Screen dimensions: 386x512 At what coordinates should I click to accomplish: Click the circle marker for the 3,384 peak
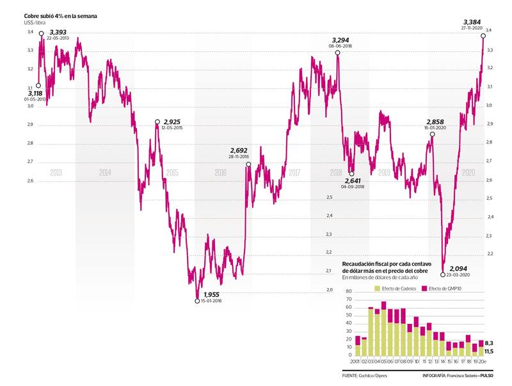[483, 36]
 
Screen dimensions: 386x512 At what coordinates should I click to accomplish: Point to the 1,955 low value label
[212, 294]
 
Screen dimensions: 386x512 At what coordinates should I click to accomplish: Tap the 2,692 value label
[237, 150]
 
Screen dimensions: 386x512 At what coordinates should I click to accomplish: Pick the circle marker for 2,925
[157, 122]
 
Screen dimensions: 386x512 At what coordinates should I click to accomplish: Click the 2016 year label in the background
[220, 172]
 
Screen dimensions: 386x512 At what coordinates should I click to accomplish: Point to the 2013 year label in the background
[56, 172]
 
